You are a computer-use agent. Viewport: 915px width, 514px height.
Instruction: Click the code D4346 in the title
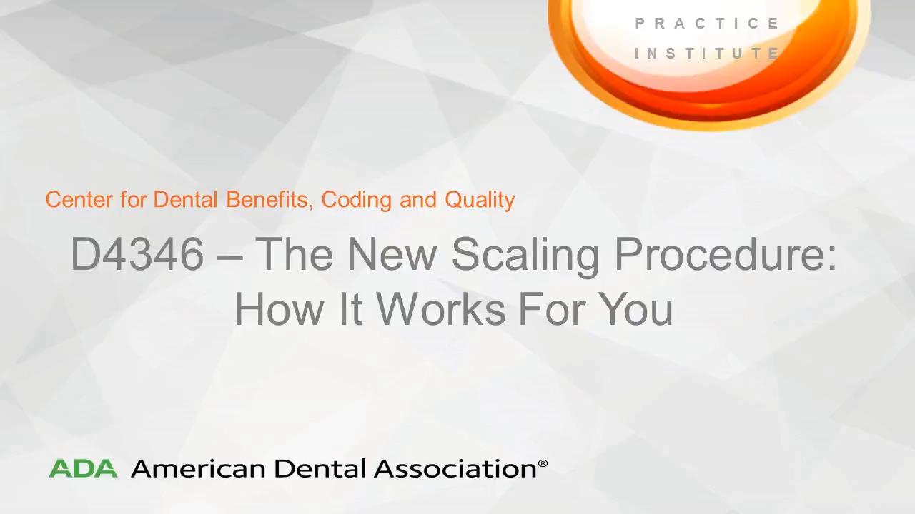[x=137, y=253]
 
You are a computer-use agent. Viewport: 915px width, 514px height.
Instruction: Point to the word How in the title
[x=280, y=309]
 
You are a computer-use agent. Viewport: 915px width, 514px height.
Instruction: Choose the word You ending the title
[x=638, y=309]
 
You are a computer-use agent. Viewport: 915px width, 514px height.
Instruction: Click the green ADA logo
[x=83, y=468]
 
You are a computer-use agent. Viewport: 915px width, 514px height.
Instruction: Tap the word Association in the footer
[x=455, y=468]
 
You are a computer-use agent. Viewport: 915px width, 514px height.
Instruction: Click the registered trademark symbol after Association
[x=543, y=463]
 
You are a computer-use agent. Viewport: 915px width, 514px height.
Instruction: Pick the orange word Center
[x=79, y=200]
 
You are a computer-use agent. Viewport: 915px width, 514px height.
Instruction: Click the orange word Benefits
[x=268, y=200]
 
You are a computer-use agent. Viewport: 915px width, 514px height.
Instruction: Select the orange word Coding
[x=357, y=201]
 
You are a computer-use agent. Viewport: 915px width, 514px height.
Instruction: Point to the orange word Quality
[x=480, y=201]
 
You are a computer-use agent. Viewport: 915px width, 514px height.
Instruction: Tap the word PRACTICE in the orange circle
[x=707, y=24]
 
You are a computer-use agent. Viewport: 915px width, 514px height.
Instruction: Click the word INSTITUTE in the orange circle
[x=707, y=53]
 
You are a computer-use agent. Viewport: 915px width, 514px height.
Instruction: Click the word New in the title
[x=391, y=253]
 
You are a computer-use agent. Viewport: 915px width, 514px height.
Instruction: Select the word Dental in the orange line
[x=185, y=200]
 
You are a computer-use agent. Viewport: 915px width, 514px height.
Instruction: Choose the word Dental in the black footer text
[x=320, y=468]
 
